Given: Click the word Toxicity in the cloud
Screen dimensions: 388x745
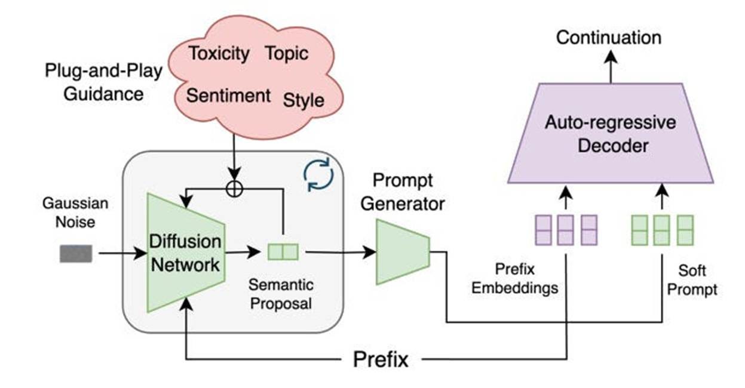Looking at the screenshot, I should tap(219, 53).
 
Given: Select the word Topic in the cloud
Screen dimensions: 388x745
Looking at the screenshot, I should tap(287, 53).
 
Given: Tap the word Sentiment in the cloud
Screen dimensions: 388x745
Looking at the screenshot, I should tap(228, 96).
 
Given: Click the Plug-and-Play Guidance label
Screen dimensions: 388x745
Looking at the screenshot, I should tap(103, 82).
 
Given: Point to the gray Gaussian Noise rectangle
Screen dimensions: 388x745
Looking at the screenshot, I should tap(76, 254).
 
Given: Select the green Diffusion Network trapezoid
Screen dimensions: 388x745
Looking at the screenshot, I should tap(185, 253).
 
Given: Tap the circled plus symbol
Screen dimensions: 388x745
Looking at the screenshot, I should tap(234, 187).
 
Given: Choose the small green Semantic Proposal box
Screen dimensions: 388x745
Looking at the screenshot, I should tap(283, 252).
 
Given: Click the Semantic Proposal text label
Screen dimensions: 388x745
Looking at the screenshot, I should tap(281, 294).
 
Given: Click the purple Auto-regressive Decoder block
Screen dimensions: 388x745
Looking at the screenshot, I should tap(610, 134).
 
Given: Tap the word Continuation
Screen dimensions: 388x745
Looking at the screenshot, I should tap(609, 38).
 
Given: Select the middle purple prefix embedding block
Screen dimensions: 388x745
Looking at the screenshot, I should tap(565, 230).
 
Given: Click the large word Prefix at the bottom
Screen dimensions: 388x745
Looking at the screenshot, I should tap(381, 359).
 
